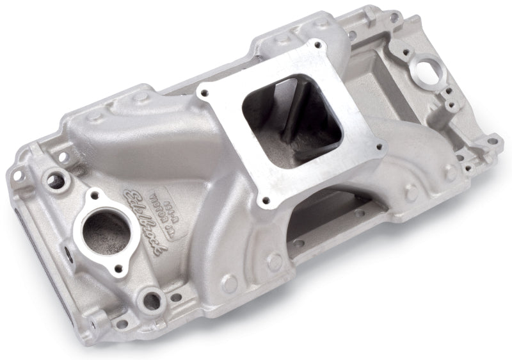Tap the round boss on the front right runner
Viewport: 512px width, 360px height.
[275, 261]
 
